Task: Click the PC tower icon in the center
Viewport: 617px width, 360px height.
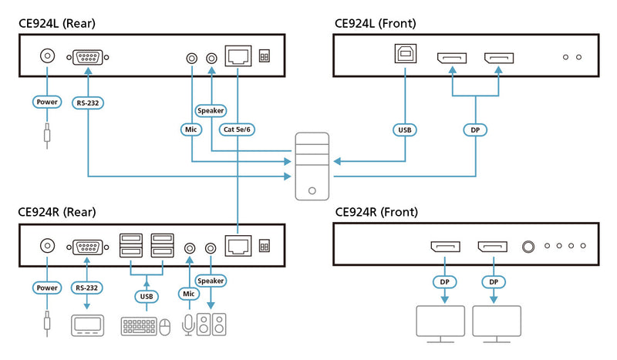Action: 311,167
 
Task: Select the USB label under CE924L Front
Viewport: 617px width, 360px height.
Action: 405,130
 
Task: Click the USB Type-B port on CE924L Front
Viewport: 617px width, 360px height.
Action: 405,58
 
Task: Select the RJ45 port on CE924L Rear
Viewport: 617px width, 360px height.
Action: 238,57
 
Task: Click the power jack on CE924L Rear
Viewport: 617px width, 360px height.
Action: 48,57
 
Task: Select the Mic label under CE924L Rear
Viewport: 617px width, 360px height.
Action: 191,130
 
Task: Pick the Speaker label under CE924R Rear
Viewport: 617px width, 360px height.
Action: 211,281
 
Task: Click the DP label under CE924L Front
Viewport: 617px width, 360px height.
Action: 475,130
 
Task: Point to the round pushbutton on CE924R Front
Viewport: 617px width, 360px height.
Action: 528,247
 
